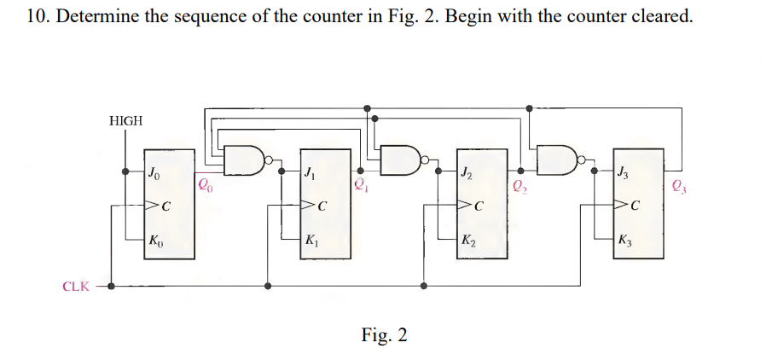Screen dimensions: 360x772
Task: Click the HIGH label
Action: click(126, 121)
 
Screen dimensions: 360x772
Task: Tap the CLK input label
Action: click(76, 287)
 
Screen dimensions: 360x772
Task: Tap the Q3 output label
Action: click(677, 183)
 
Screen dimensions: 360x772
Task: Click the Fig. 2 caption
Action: click(384, 334)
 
